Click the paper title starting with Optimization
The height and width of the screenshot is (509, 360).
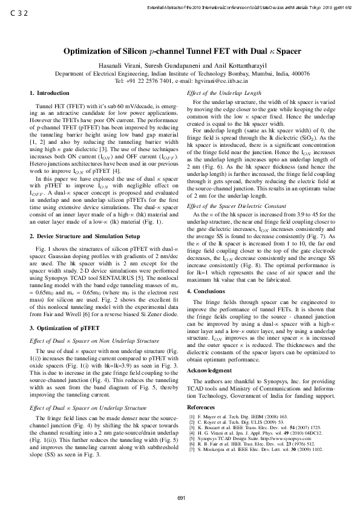[180, 52]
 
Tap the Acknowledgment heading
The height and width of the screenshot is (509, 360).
[209, 369]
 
